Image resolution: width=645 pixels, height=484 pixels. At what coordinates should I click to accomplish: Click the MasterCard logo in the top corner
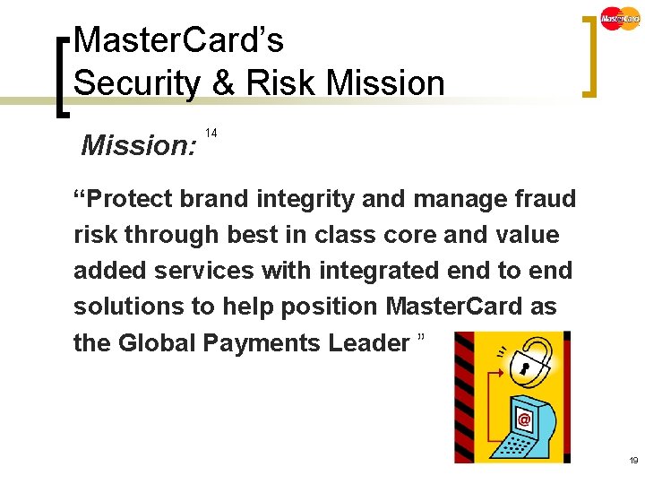[620, 18]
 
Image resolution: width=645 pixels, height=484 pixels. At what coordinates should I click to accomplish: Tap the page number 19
[633, 461]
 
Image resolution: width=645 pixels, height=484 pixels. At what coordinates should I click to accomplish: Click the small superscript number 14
[211, 133]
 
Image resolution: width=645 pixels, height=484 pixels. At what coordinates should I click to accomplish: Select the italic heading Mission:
[139, 145]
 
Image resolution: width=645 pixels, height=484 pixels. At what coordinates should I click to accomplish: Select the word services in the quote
[219, 271]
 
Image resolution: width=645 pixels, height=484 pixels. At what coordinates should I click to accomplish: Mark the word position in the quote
[326, 307]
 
